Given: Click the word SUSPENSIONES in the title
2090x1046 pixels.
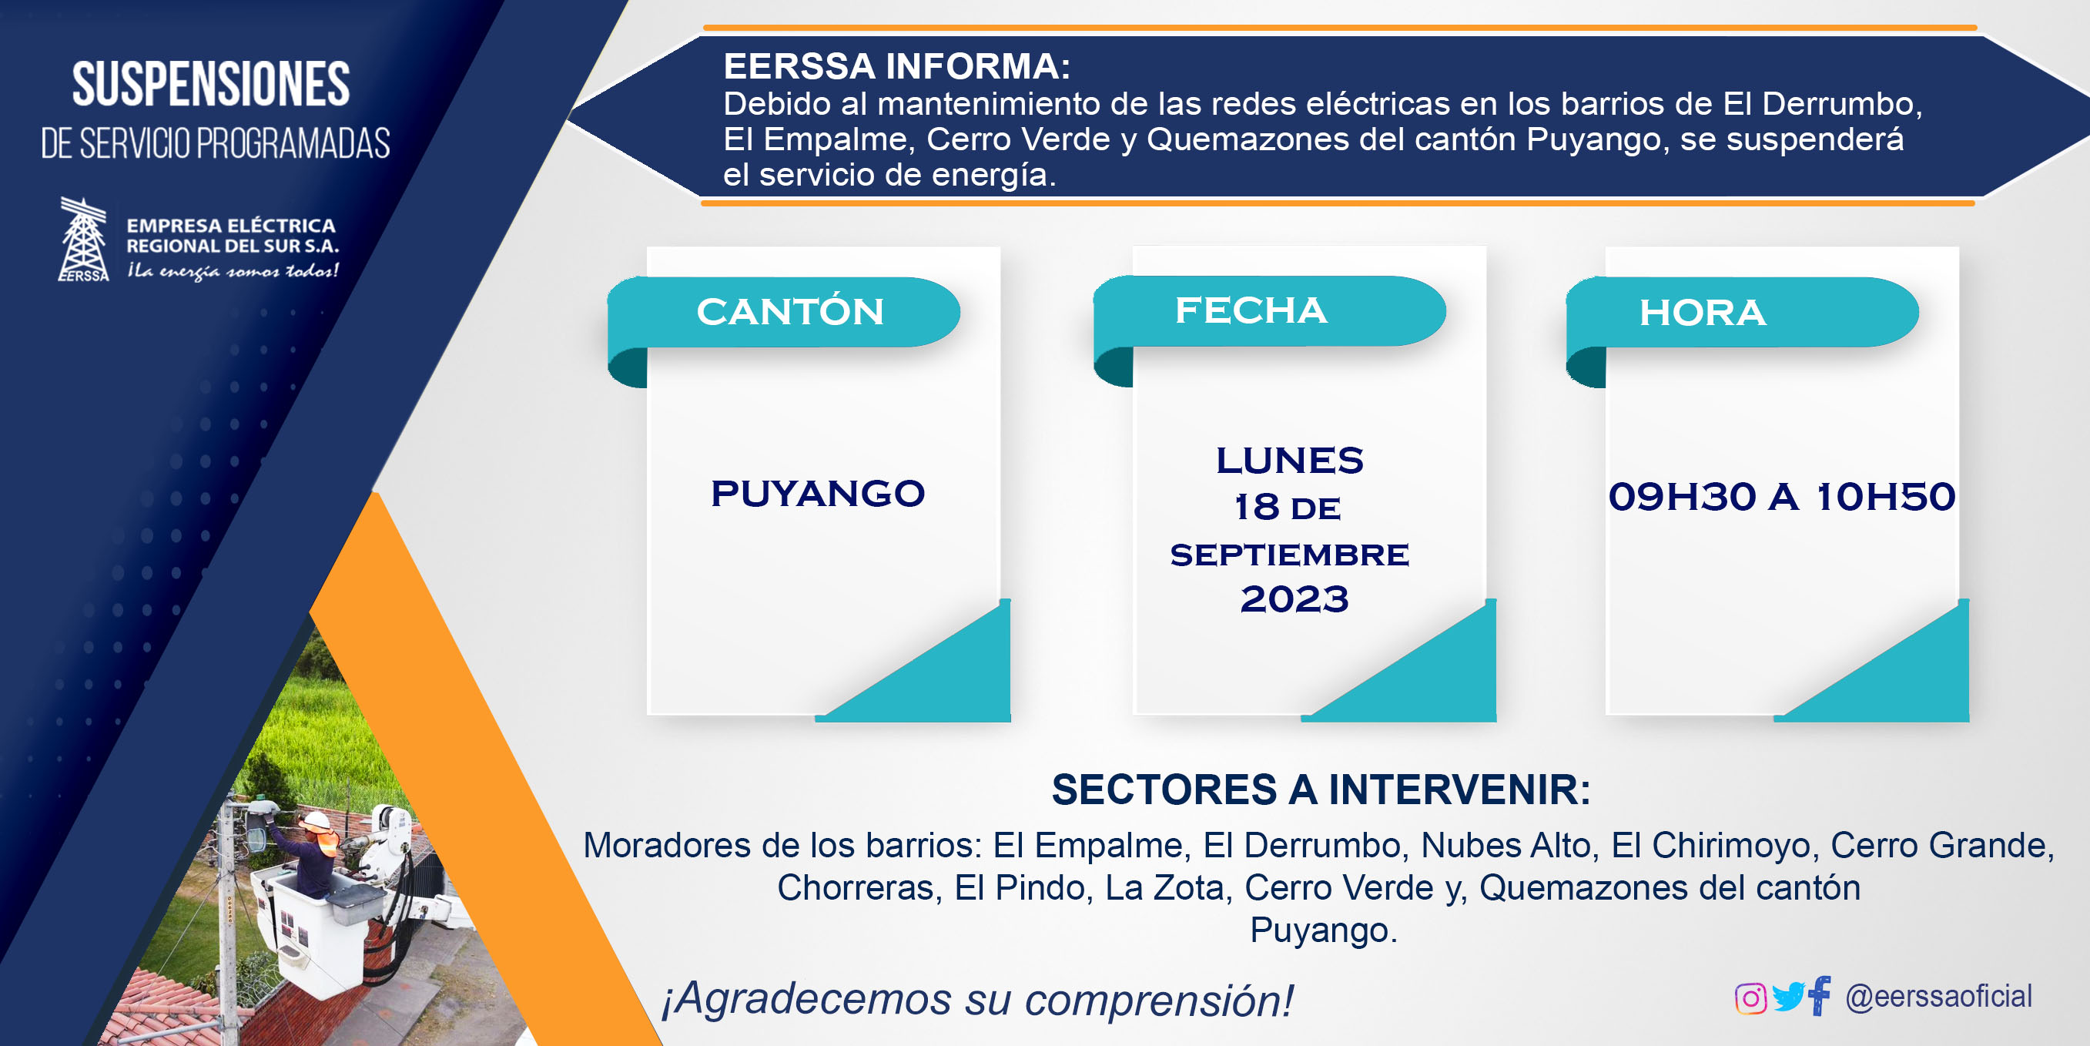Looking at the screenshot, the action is click(211, 84).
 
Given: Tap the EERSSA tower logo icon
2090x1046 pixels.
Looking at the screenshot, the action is click(84, 240).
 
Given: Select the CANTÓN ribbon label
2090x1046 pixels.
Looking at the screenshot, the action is click(789, 312).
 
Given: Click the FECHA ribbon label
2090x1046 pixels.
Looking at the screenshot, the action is click(1251, 310).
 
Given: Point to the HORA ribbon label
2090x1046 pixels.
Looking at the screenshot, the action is click(1702, 313).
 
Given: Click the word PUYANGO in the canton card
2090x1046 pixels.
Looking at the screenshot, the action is click(818, 494).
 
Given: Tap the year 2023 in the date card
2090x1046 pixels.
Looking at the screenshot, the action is click(1294, 599).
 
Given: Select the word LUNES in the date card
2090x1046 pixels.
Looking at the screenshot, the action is click(1289, 460).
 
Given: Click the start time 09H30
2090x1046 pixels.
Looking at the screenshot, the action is click(1682, 496).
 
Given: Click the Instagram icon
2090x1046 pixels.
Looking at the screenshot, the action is click(1750, 998).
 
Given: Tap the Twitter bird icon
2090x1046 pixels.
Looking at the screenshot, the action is click(1787, 997).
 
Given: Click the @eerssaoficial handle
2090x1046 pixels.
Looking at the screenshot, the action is click(1938, 997).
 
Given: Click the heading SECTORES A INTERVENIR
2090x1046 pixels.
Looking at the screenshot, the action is click(1321, 790).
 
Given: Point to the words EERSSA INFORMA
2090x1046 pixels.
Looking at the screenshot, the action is click(896, 66).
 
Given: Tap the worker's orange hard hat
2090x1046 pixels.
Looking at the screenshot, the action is click(317, 820).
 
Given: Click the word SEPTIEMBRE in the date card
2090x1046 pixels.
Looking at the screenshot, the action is click(1289, 555).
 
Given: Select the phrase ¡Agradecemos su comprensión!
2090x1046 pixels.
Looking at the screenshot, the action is click(976, 1000).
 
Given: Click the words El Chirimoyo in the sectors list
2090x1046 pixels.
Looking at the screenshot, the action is click(1710, 846).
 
